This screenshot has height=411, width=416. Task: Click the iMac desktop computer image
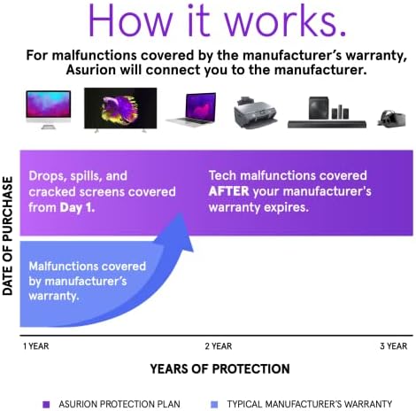pos(49,109)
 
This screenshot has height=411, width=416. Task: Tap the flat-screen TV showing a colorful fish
pos(120,109)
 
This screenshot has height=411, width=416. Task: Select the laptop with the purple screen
pos(192,110)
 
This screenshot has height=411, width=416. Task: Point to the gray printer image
pos(255,112)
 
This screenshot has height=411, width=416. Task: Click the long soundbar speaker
pos(327,124)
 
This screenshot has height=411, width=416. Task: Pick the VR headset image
pos(391,119)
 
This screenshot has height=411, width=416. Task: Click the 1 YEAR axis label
pos(36,346)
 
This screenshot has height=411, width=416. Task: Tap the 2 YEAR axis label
pos(219,346)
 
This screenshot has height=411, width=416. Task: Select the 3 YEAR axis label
pos(394,346)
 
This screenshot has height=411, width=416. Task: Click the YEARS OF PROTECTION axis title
pos(220,369)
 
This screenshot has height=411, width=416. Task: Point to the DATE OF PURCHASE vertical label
pos(8,236)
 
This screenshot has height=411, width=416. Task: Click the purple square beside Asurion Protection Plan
pos(46,404)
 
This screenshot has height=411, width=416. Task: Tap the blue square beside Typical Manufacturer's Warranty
pos(214,404)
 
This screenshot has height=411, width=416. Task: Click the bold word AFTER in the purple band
pos(229,191)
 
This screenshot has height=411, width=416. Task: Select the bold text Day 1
pos(77,207)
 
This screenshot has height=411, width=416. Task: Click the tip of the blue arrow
pos(180,213)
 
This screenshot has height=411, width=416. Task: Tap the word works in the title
pos(281,19)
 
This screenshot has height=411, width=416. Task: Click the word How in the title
pos(130,19)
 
